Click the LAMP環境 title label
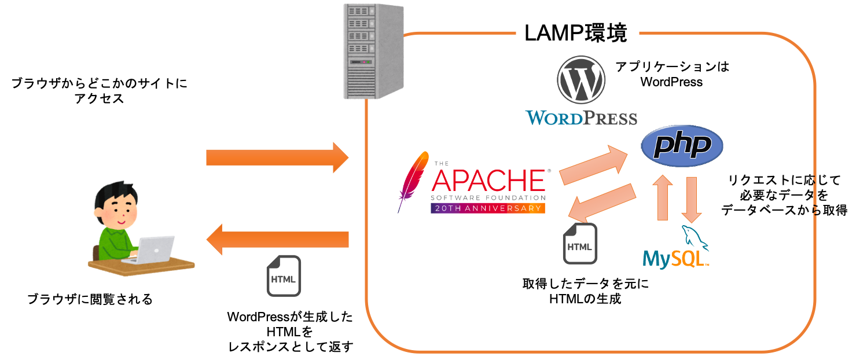pyautogui.click(x=576, y=33)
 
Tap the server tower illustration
pyautogui.click(x=373, y=51)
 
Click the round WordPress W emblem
pyautogui.click(x=581, y=80)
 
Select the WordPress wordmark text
pyautogui.click(x=581, y=117)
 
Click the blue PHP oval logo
pyautogui.click(x=682, y=145)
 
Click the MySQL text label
pyautogui.click(x=675, y=259)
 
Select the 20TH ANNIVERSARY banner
pyautogui.click(x=488, y=208)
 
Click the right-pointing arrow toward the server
pyautogui.click(x=277, y=157)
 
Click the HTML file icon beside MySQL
pyautogui.click(x=580, y=244)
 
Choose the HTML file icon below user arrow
pyautogui.click(x=284, y=276)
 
